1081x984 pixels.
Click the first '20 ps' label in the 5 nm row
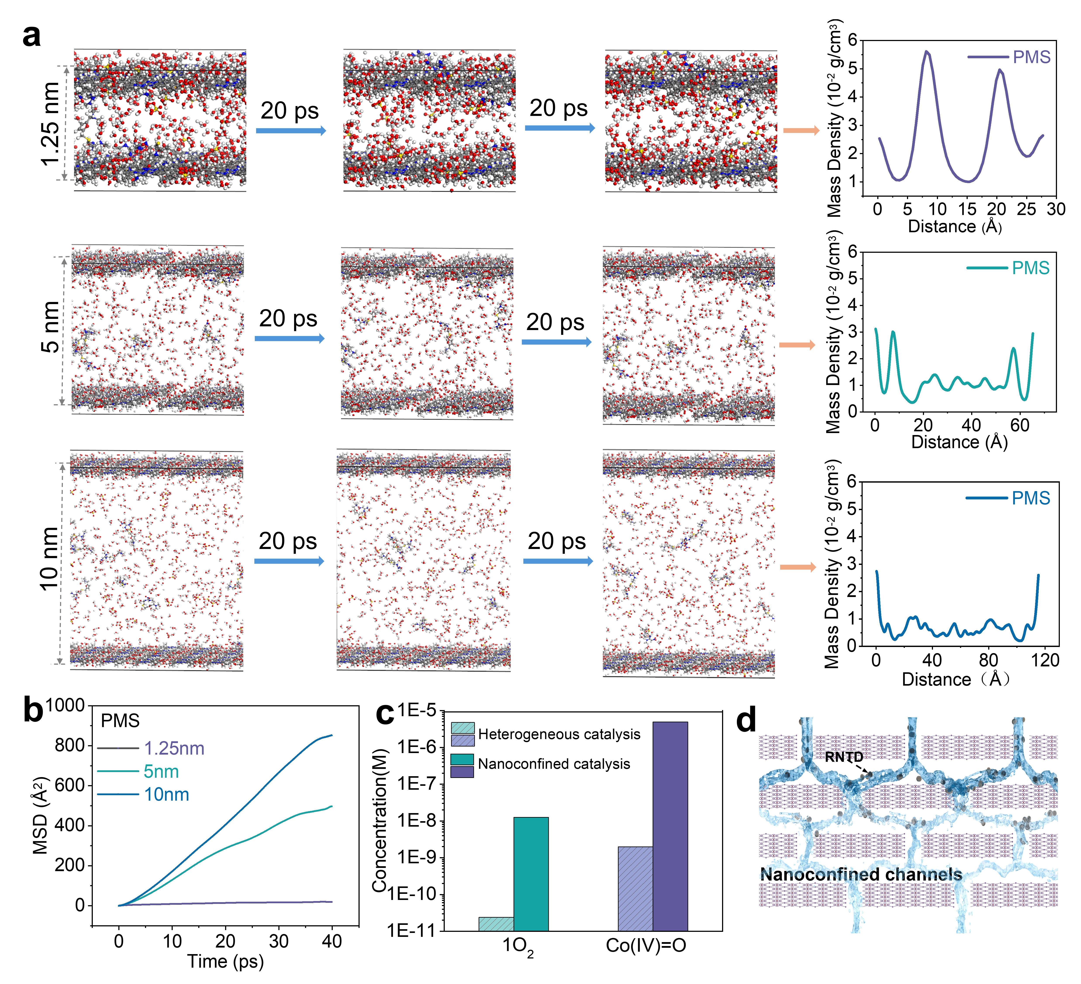(288, 318)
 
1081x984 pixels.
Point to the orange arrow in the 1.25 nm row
(801, 130)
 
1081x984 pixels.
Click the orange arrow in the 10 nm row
(797, 567)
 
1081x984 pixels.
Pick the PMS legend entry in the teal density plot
(1008, 268)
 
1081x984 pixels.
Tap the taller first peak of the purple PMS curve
(926, 52)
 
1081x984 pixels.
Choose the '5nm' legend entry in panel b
(161, 771)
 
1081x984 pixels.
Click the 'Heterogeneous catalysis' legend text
(559, 734)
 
